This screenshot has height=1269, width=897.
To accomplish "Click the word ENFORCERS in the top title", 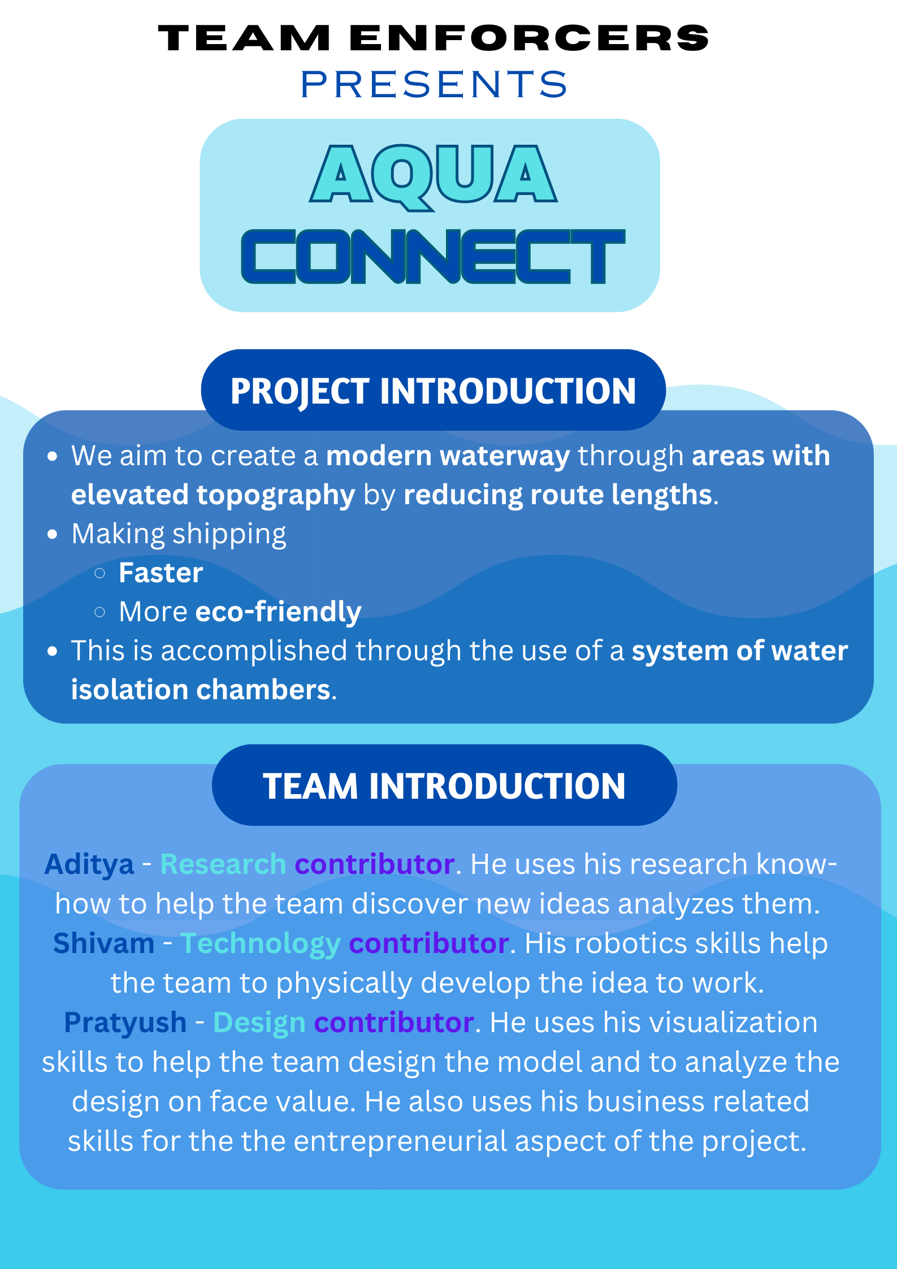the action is click(x=530, y=38).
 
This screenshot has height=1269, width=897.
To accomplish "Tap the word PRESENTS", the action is click(x=434, y=85).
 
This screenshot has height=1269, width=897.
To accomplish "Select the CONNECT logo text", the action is click(x=434, y=256).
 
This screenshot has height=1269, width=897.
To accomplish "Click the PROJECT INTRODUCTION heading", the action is click(x=433, y=391).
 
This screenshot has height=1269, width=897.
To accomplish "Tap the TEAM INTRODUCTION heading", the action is click(x=444, y=786).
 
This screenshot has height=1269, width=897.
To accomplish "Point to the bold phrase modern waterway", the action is click(x=448, y=456).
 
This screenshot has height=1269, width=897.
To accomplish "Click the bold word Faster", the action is click(x=161, y=573).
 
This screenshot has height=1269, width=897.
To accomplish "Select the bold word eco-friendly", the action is click(x=278, y=612).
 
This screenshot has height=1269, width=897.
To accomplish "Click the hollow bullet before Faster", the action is click(x=100, y=573).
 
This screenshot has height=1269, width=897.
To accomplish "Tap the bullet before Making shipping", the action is click(x=53, y=534).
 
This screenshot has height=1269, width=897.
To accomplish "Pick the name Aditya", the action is click(x=89, y=864).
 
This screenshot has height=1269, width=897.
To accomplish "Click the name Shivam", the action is click(x=103, y=943).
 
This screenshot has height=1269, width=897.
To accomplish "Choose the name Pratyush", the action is click(x=125, y=1023).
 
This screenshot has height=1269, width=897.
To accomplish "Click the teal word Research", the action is click(x=223, y=864).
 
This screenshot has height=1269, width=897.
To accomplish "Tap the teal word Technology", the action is click(x=261, y=944).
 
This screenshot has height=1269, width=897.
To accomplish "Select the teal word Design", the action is click(x=259, y=1023).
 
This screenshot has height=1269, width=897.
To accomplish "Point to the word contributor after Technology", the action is click(x=429, y=943).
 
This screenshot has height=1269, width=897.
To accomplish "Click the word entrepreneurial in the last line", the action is click(x=400, y=1141).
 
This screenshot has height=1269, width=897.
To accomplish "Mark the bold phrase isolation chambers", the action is click(x=201, y=690).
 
